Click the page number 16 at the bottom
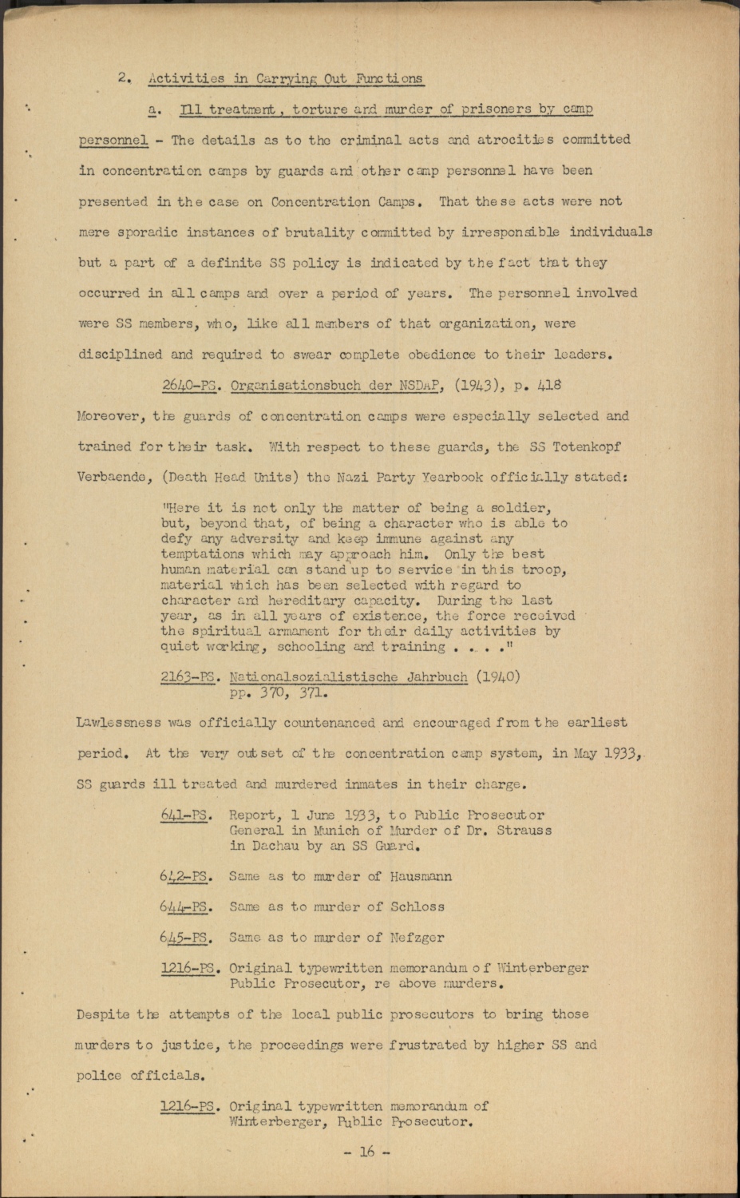[x=366, y=1152]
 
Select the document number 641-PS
[x=185, y=815]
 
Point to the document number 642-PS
[x=185, y=876]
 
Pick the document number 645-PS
[x=184, y=938]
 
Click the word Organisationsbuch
[x=295, y=385]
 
